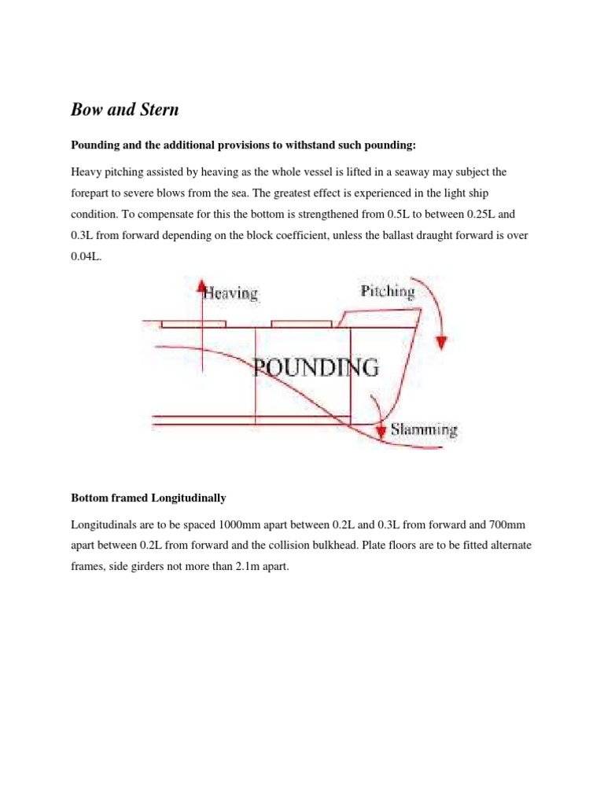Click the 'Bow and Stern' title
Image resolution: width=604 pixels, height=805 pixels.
pyautogui.click(x=125, y=110)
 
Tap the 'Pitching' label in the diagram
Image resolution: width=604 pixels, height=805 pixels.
pyautogui.click(x=387, y=292)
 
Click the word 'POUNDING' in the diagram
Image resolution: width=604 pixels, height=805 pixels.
pyautogui.click(x=316, y=368)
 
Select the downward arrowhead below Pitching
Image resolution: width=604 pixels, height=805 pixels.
pyautogui.click(x=442, y=342)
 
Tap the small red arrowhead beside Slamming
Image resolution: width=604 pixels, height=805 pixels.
pyautogui.click(x=381, y=430)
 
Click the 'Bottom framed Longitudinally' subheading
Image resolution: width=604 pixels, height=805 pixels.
pyautogui.click(x=149, y=498)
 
